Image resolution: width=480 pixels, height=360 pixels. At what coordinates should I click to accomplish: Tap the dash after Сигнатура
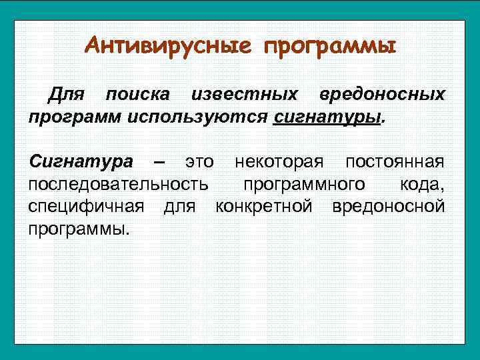[159, 161]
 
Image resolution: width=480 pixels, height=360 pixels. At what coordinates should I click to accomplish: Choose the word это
[199, 161]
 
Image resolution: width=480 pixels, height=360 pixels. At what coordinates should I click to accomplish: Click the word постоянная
[395, 161]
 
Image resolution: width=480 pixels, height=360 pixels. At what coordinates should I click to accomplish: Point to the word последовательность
[118, 183]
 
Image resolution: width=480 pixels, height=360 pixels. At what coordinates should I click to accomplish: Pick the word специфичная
[86, 206]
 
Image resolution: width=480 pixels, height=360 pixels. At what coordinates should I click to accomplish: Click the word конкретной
[264, 206]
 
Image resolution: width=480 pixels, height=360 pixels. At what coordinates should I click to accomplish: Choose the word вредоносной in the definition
[388, 206]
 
